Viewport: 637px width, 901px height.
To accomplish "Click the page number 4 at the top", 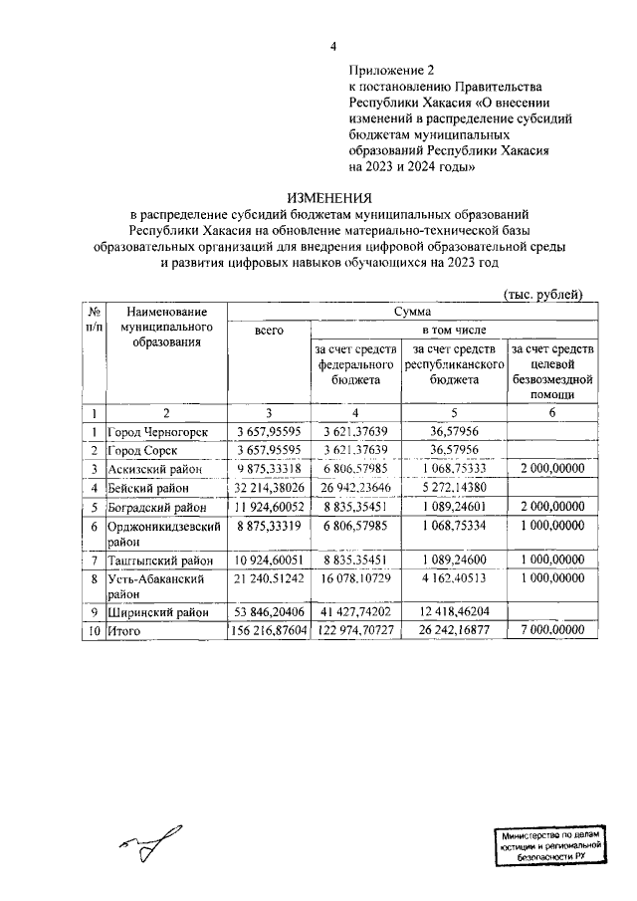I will tap(334, 46).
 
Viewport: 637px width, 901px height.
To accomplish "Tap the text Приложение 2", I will tap(392, 71).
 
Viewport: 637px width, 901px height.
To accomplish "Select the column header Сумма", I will tap(411, 311).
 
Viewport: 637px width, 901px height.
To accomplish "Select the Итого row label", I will tap(124, 631).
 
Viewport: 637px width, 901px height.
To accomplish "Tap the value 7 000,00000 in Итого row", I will tap(551, 631).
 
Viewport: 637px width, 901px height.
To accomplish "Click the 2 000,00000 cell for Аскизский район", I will tap(551, 469).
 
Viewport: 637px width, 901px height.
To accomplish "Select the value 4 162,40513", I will tap(454, 576).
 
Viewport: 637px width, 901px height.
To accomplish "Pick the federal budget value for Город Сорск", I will tap(356, 450).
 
